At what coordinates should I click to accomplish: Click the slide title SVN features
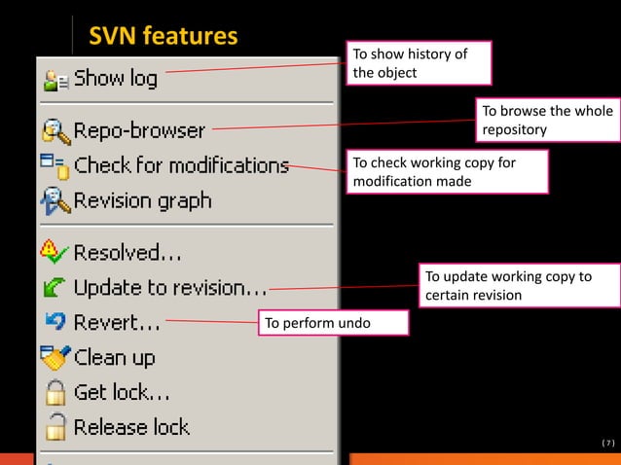click(x=163, y=37)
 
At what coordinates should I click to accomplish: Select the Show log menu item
click(x=115, y=79)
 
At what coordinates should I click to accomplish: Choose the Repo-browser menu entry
click(x=139, y=130)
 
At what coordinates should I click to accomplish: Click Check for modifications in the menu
click(x=181, y=165)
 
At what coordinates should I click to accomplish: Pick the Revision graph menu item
click(x=142, y=201)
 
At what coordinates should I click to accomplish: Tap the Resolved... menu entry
click(x=128, y=253)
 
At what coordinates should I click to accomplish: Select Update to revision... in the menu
click(x=170, y=288)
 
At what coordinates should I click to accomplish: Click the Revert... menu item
click(x=117, y=323)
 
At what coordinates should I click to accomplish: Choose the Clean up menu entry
click(x=114, y=358)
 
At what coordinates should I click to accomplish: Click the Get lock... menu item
click(x=122, y=393)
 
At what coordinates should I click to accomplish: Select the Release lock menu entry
click(x=131, y=427)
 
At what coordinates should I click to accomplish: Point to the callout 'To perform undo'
click(x=333, y=323)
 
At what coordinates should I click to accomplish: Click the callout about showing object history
click(x=419, y=63)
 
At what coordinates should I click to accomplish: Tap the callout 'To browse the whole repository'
click(x=546, y=120)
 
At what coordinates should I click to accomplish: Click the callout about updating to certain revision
click(x=520, y=286)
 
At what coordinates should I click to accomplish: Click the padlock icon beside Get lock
click(x=55, y=393)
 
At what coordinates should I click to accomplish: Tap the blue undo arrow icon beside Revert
click(x=55, y=320)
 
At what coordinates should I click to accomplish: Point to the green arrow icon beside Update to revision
click(x=55, y=288)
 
